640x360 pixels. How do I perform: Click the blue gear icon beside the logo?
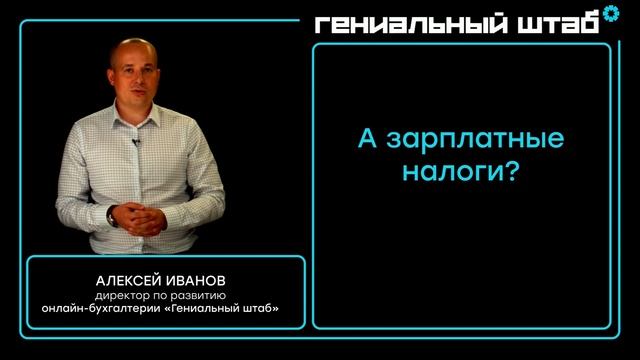[610, 16]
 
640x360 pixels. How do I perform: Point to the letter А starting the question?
[368, 138]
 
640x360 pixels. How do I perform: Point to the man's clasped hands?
[136, 214]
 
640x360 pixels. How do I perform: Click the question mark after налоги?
[510, 172]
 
